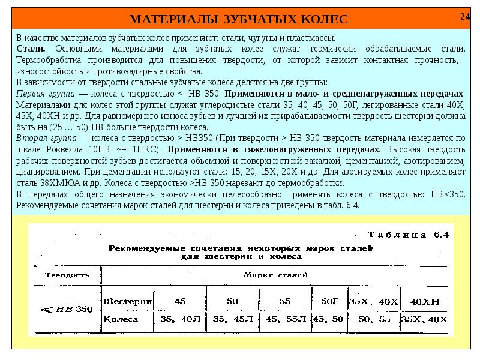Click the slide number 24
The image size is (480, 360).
(x=465, y=16)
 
